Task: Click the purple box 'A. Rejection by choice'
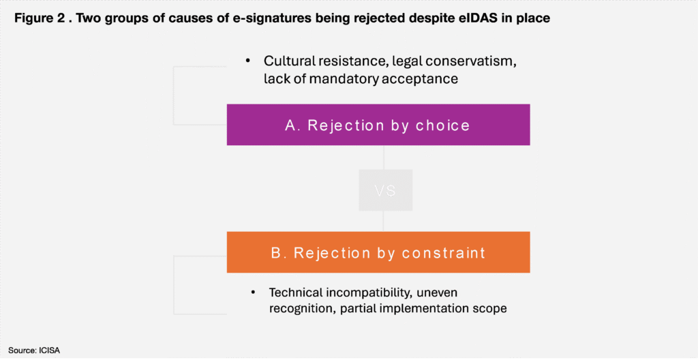[378, 125]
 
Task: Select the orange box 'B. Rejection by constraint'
[378, 252]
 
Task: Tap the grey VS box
[386, 190]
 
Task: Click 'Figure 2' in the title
[35, 19]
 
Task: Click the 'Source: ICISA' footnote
[34, 350]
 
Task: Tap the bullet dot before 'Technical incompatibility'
[254, 292]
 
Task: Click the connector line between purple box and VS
[384, 157]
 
